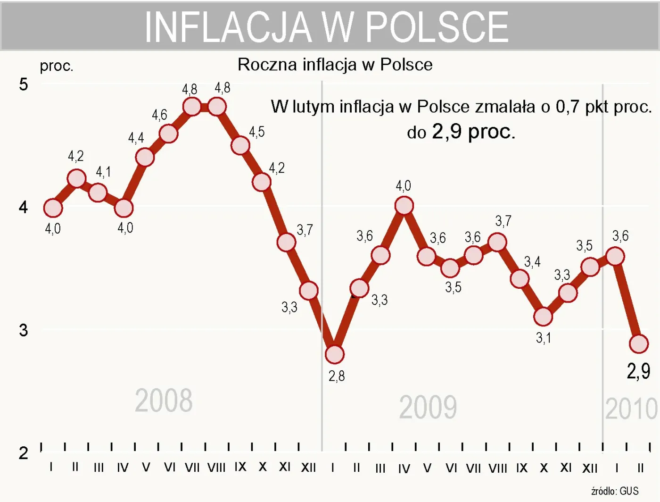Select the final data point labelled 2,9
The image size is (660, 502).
click(639, 344)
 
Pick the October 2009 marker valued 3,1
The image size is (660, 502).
click(543, 317)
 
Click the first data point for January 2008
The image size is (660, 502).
click(53, 208)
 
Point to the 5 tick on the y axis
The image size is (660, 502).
click(23, 84)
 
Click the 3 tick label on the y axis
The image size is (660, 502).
click(23, 330)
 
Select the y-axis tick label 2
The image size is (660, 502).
click(23, 453)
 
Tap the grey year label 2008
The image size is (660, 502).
click(164, 401)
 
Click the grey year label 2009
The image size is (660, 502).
click(428, 407)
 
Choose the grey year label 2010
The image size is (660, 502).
click(631, 409)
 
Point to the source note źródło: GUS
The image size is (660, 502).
click(615, 491)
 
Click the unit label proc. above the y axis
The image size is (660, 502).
click(57, 66)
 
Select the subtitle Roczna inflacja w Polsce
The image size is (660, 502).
click(335, 65)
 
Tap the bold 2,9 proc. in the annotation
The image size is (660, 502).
click(473, 132)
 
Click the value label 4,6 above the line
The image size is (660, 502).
click(159, 115)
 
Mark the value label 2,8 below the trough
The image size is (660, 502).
click(337, 376)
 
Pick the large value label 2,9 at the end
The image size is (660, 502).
click(638, 371)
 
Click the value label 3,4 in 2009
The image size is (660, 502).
click(532, 262)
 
